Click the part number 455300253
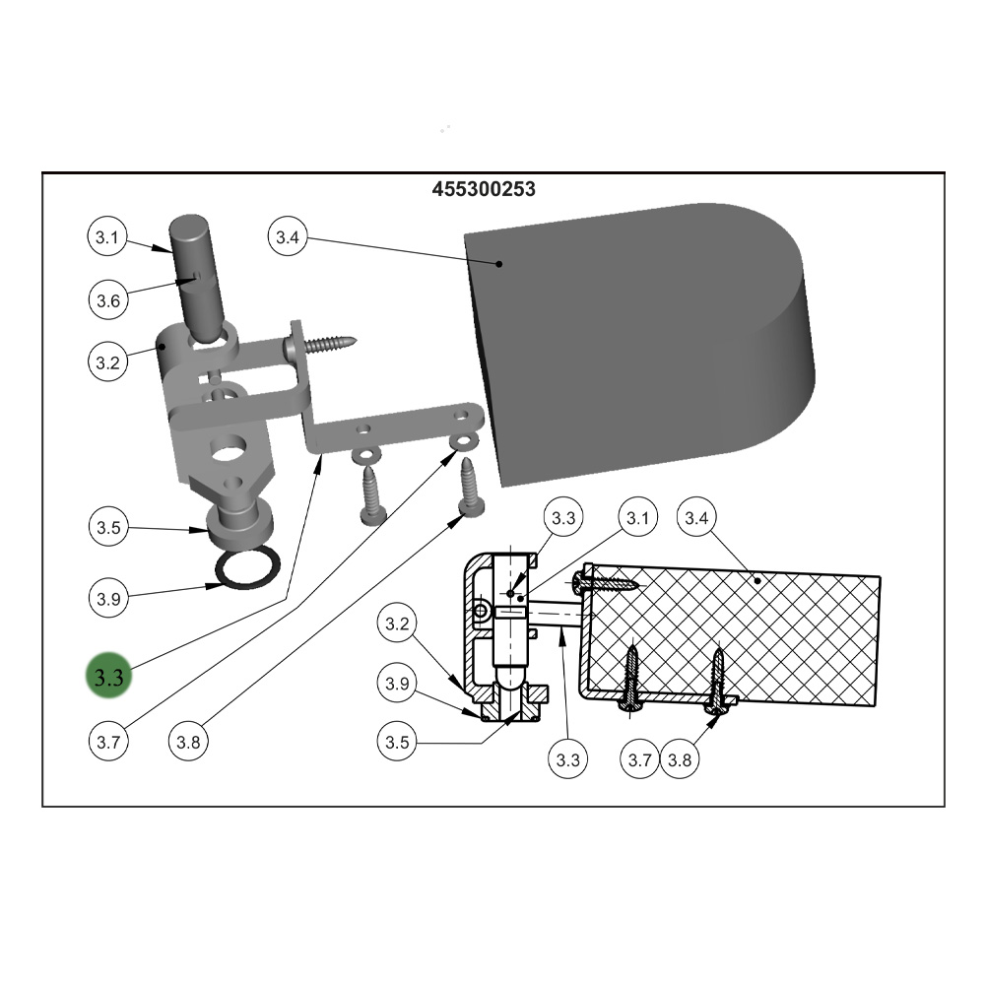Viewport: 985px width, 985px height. point(484,189)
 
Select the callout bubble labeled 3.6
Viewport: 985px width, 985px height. point(107,299)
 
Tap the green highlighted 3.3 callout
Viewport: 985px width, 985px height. point(108,677)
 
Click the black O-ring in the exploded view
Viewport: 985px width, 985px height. point(245,570)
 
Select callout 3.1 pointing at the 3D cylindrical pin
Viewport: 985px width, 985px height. point(107,237)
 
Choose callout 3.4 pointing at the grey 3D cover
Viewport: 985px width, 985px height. point(287,237)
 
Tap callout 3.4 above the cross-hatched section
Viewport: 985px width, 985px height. point(697,517)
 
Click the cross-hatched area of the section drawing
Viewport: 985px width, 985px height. point(749,630)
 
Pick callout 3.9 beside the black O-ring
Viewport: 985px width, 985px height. point(107,598)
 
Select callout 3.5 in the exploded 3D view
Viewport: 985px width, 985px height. point(107,527)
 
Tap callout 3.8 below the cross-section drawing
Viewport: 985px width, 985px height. point(680,759)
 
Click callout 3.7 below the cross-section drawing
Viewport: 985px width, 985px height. point(640,759)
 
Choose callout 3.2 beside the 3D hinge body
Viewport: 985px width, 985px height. point(107,362)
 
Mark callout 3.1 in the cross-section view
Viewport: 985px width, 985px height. point(636,517)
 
